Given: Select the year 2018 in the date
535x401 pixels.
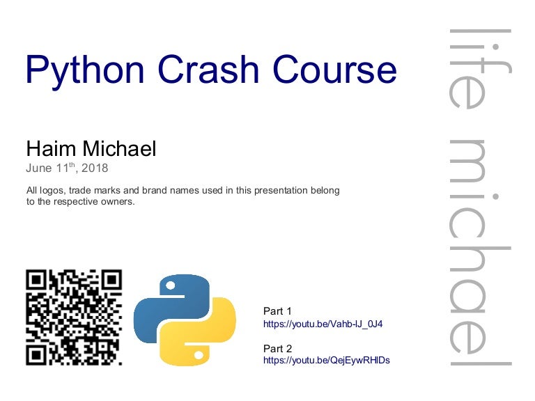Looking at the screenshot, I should click(x=94, y=168).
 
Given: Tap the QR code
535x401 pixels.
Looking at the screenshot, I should click(x=74, y=317).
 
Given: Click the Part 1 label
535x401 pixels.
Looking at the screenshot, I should click(x=277, y=311).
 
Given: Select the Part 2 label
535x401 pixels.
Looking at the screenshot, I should click(x=277, y=348).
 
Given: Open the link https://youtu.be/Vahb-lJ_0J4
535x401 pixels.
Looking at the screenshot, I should click(x=323, y=324).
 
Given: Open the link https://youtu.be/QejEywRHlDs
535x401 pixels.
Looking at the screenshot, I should click(x=326, y=360).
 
